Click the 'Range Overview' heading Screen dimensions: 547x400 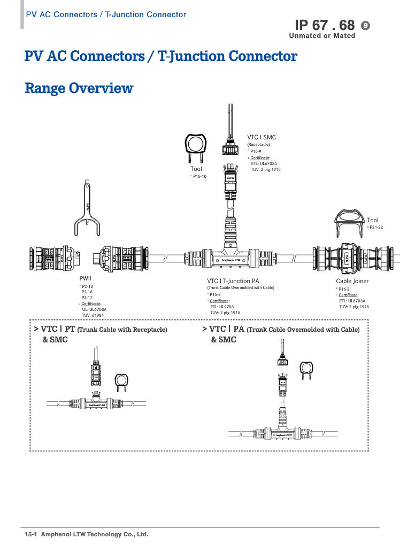coord(79,88)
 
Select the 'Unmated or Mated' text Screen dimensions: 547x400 coord(322,36)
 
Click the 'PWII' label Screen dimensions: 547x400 coord(86,278)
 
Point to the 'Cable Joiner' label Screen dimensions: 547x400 coord(352,281)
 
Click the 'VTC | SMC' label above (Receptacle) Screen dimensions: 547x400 coord(261,137)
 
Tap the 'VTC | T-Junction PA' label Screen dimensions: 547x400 coord(233,281)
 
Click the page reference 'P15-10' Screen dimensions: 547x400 coord(199,176)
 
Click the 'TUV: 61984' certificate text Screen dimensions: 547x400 coord(93,315)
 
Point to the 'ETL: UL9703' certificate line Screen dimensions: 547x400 coord(222,307)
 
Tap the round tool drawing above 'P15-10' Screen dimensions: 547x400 coord(196,145)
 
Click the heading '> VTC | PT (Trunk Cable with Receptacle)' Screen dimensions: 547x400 coord(101,330)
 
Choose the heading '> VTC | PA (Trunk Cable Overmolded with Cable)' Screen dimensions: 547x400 coord(281,329)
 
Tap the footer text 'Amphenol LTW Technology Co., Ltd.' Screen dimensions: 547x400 coord(95,534)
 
